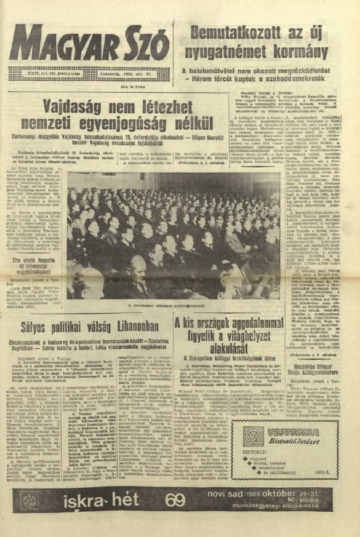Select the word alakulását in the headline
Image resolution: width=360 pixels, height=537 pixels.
(225, 351)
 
